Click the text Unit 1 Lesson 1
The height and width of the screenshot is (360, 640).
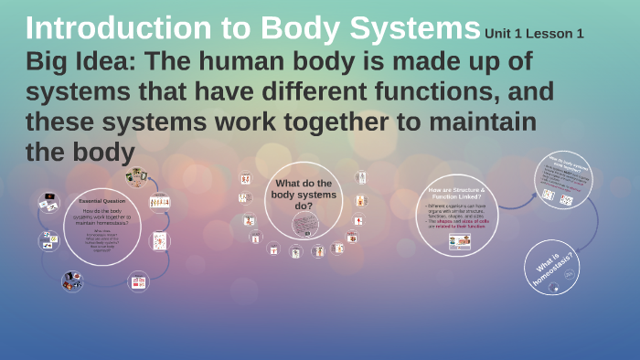click(x=534, y=34)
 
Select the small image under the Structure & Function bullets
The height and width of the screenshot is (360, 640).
click(x=459, y=241)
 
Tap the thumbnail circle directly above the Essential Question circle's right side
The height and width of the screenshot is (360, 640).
click(x=136, y=177)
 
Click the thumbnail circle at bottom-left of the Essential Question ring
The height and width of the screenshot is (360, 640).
click(x=71, y=281)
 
